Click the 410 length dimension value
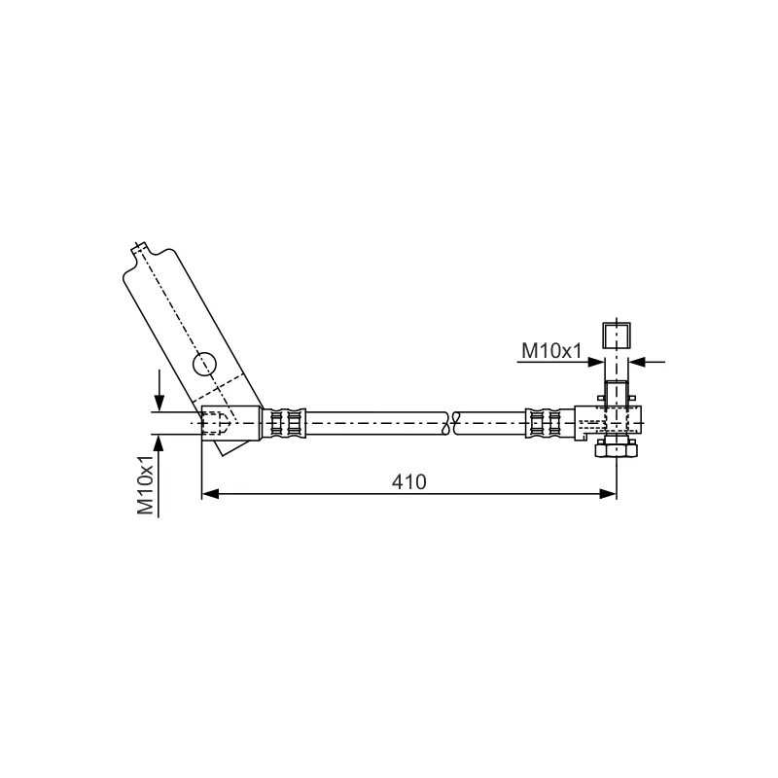pyautogui.click(x=408, y=481)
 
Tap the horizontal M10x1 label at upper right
pyautogui.click(x=550, y=351)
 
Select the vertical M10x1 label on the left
pyautogui.click(x=146, y=484)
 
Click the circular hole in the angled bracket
pyautogui.click(x=204, y=364)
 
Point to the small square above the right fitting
pyautogui.click(x=617, y=336)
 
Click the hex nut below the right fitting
pyautogui.click(x=617, y=449)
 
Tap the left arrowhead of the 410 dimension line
pyautogui.click(x=210, y=494)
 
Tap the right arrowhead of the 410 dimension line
pyautogui.click(x=608, y=494)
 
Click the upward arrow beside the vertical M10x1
pyautogui.click(x=159, y=477)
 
